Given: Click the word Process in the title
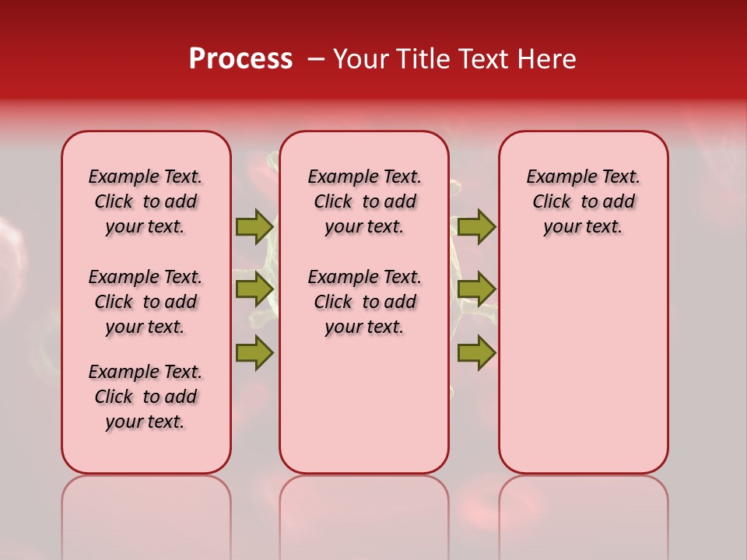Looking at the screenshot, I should (240, 59).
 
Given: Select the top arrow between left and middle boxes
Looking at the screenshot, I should (254, 226).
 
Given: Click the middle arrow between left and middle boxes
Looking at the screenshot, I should (254, 289).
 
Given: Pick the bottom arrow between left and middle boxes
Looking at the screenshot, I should (254, 352).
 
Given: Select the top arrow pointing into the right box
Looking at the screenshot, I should (476, 226).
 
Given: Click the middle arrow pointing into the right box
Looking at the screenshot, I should (476, 289).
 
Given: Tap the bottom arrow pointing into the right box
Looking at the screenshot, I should (476, 352).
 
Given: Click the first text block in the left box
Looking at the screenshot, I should (146, 201).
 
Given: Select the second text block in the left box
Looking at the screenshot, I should (146, 302).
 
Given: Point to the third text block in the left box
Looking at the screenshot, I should (146, 397).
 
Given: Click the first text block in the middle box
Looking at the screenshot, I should (364, 201).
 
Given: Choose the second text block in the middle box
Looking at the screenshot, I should (364, 302).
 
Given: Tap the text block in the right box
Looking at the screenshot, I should (583, 201).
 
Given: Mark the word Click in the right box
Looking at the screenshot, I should (552, 202).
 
